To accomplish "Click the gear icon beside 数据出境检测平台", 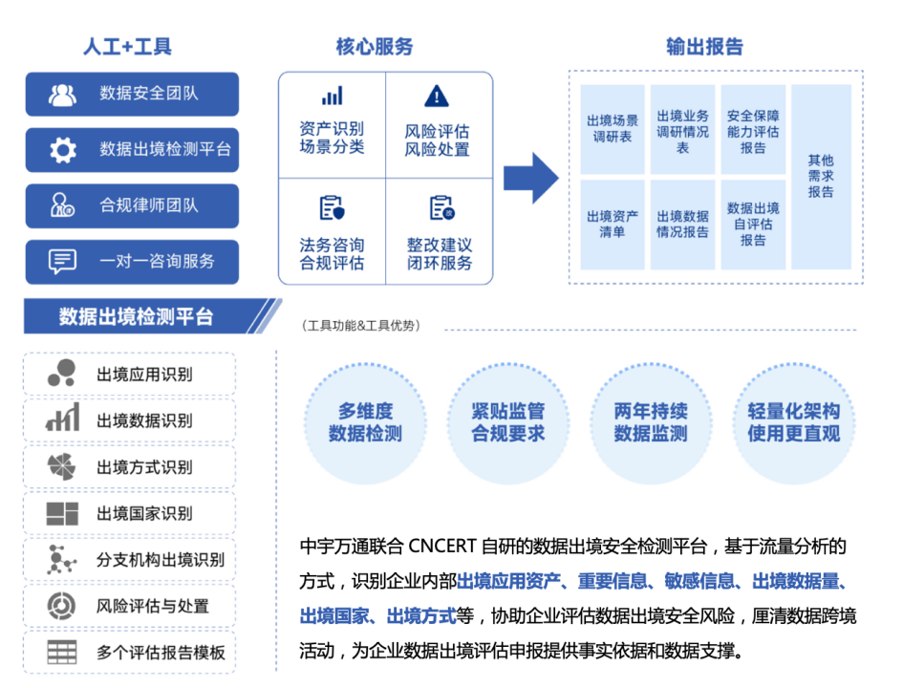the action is coord(63,150).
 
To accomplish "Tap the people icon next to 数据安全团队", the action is coord(62,95).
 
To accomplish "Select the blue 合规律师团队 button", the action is coord(132,205).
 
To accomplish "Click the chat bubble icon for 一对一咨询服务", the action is coord(62,262).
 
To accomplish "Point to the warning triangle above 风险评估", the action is coord(437,97).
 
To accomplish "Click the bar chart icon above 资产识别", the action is coord(333,96).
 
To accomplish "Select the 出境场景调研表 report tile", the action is coord(613,129).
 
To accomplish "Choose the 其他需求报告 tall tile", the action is coord(821,177).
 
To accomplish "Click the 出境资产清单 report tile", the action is coord(613,225).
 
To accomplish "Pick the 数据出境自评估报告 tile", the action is coord(753,225).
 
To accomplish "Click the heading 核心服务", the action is coord(375,47).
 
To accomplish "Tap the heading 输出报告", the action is coord(705,47).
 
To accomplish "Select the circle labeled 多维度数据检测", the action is coord(366,423).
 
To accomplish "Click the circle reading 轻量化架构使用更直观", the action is coord(793,423).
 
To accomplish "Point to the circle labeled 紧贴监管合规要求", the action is coord(508,423).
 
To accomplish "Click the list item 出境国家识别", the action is coord(130,513).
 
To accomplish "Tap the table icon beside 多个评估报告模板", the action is coord(61,653).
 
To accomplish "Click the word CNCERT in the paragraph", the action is coord(442,546).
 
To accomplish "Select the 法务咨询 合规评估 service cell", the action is coord(333,231).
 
